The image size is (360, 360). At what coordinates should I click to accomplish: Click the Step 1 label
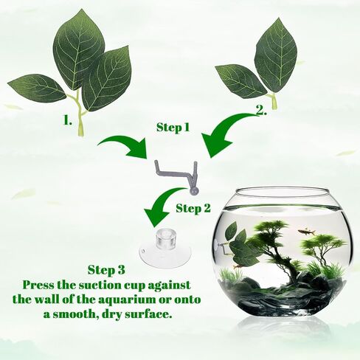[173, 128]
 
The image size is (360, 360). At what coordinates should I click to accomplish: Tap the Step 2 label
[193, 208]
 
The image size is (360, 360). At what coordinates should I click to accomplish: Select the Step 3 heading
[106, 269]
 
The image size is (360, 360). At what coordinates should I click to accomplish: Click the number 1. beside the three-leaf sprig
[68, 121]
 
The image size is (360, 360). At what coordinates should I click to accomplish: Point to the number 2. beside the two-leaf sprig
[261, 111]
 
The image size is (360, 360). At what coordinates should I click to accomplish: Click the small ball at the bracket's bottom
[194, 191]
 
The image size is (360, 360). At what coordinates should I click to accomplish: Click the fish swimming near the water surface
[307, 231]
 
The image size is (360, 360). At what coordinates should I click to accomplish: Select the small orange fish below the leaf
[236, 266]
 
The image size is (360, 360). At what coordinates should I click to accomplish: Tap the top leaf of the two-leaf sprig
[275, 56]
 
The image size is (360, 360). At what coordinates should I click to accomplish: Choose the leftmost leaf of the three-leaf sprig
[37, 88]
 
